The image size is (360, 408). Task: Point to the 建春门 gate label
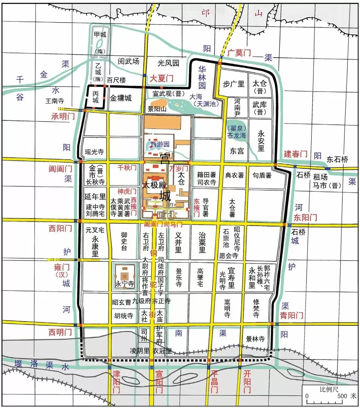coord(295,154)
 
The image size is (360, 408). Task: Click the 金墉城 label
coord(120,98)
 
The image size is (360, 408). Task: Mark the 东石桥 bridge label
coord(337,160)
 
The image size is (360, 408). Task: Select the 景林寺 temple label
coord(255,339)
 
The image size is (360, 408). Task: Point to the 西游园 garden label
coord(159,145)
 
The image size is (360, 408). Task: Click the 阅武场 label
coord(128,61)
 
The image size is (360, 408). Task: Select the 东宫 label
coord(237,151)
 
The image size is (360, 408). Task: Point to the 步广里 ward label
coord(233,84)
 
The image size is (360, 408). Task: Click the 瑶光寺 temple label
coord(94,152)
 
